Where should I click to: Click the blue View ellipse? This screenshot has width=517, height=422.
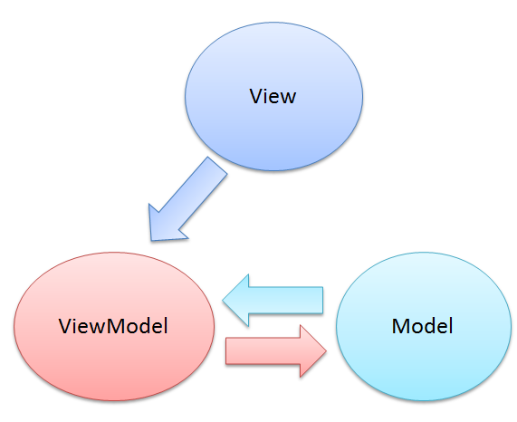pyautogui.click(x=273, y=127)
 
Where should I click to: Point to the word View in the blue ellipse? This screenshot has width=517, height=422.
pyautogui.click(x=273, y=96)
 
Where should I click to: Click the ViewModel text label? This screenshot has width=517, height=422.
pyautogui.click(x=115, y=325)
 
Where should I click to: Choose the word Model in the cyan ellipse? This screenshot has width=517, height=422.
pyautogui.click(x=422, y=325)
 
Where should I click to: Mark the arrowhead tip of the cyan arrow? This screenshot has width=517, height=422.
pyautogui.click(x=225, y=299)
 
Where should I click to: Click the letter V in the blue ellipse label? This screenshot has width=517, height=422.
pyautogui.click(x=256, y=96)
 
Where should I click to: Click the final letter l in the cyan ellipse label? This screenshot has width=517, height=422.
pyautogui.click(x=449, y=324)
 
